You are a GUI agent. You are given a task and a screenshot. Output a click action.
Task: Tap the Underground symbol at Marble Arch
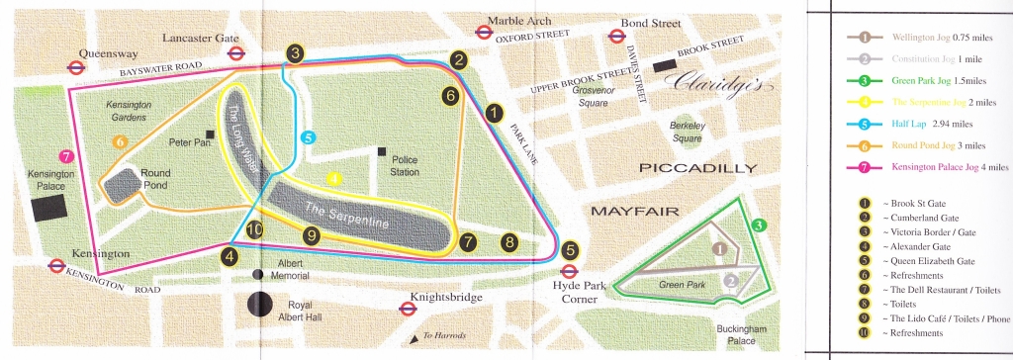pos(484,31)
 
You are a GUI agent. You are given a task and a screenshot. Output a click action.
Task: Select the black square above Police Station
pos(381,151)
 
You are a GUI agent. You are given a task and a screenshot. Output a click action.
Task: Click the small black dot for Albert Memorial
pos(259,275)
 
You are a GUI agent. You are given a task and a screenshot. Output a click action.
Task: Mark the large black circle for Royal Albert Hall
pos(260,306)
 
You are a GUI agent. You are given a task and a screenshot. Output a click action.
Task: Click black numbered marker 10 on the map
pos(255,230)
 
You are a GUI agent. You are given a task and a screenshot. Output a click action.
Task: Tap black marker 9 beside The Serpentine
pos(312,235)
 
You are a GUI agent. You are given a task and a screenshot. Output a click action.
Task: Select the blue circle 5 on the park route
pos(308,137)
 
